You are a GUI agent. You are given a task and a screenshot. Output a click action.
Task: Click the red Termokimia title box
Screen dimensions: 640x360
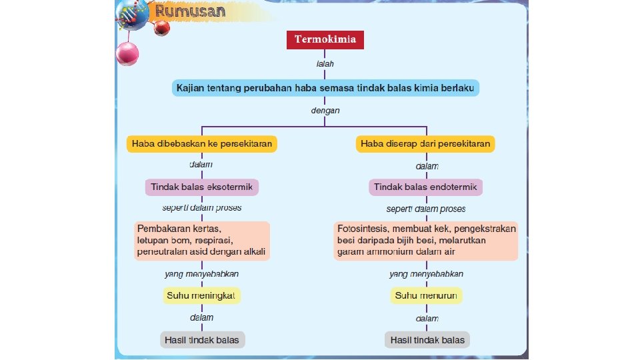coord(326,40)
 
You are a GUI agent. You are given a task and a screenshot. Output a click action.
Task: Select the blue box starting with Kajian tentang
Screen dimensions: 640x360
coord(325,88)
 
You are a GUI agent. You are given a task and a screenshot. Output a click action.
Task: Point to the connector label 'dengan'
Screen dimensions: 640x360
coord(325,111)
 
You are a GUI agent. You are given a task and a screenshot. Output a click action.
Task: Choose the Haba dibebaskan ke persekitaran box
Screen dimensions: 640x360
coord(203,143)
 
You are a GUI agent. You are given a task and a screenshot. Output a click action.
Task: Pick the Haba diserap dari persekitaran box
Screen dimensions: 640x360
coord(425,143)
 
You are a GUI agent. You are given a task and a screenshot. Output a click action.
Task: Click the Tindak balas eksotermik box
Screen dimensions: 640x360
coord(202,187)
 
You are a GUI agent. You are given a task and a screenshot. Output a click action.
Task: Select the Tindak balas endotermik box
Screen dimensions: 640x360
coord(425,187)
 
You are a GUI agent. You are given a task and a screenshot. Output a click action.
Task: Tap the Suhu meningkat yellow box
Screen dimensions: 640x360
coord(202,295)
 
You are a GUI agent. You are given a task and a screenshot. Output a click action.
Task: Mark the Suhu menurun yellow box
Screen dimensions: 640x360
coord(426,295)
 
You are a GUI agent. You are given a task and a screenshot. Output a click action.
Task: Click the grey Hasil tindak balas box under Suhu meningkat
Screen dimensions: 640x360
coord(203,340)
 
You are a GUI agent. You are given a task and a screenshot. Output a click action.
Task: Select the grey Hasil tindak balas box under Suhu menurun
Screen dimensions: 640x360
coord(427,340)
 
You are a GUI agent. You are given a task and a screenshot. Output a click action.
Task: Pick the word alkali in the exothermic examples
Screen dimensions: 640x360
coord(253,252)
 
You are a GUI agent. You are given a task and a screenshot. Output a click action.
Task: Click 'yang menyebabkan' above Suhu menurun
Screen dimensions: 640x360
coord(426,274)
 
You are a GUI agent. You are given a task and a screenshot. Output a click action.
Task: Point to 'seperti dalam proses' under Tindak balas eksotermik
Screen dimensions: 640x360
coord(202,208)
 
